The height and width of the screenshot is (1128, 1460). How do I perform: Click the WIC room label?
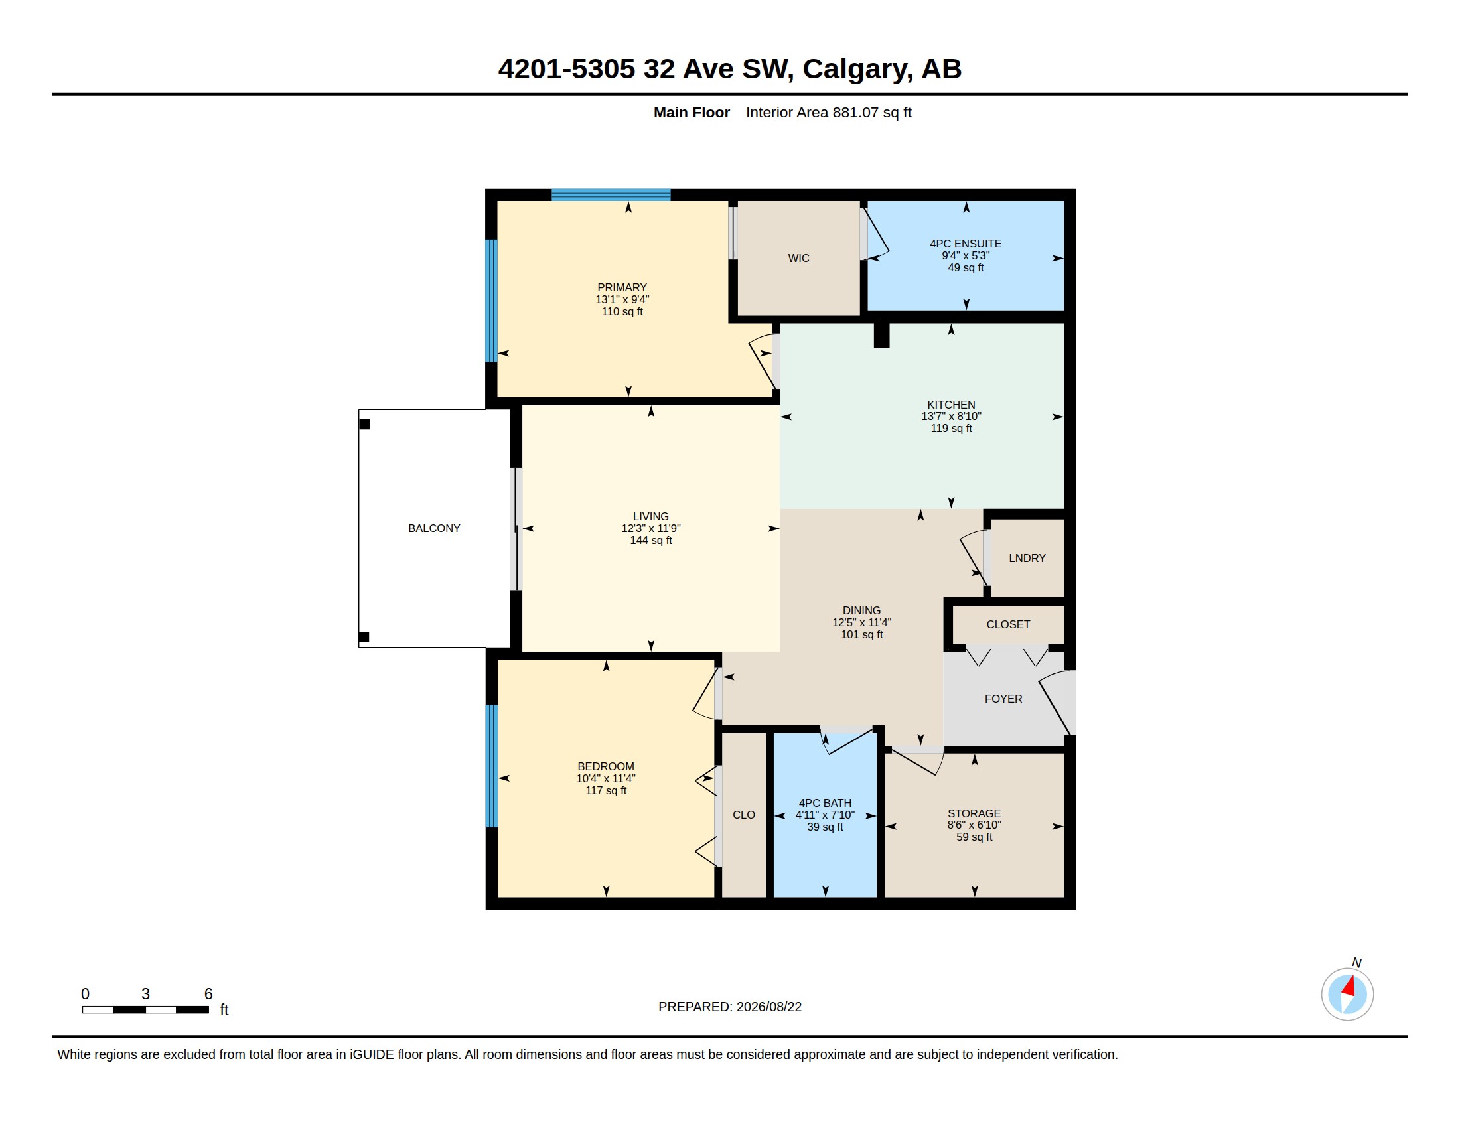(798, 258)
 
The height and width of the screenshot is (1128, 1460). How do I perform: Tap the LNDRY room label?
(1027, 558)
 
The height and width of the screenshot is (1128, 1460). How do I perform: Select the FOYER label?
(1003, 698)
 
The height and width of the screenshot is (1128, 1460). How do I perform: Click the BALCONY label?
(434, 528)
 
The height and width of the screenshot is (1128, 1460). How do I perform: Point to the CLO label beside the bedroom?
(743, 815)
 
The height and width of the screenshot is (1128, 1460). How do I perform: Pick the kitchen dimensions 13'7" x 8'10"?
(950, 415)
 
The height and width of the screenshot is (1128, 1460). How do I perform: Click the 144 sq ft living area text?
(650, 540)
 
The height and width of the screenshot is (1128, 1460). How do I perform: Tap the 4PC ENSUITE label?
(966, 244)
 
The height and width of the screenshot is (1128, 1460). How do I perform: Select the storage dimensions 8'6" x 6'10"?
(974, 825)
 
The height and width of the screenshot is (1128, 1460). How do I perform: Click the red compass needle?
(1349, 986)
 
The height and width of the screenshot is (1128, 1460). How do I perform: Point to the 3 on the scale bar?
(145, 994)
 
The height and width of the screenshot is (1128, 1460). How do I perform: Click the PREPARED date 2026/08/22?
(768, 1007)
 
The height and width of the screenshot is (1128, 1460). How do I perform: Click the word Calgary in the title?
(857, 69)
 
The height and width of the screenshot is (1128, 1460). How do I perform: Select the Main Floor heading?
(692, 112)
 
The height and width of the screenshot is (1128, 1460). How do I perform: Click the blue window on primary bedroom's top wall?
(611, 195)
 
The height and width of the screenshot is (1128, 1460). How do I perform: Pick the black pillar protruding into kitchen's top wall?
(881, 336)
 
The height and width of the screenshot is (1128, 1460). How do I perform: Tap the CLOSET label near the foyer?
(1007, 624)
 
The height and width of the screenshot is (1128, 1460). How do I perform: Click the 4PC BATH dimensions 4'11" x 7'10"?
(824, 815)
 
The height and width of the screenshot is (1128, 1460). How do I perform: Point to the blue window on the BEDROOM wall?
(491, 766)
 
